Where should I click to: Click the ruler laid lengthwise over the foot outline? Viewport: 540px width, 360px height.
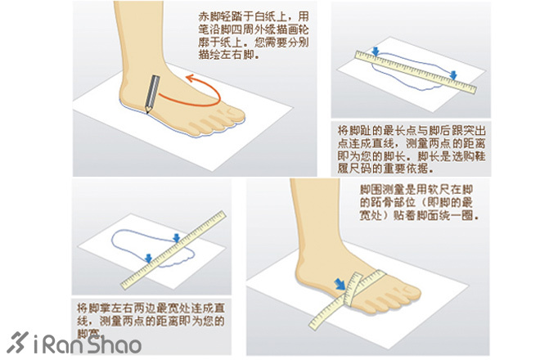click(417, 70)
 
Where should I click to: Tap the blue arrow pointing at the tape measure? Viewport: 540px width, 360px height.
click(338, 284)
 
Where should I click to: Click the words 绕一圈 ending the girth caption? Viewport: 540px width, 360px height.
click(459, 217)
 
